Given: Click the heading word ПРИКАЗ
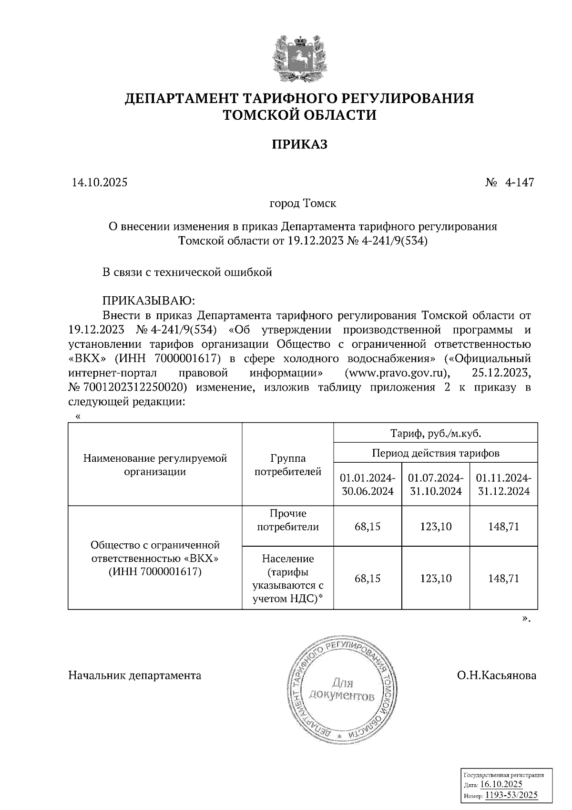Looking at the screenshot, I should click(x=299, y=145).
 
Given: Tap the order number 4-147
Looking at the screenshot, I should click(x=519, y=183).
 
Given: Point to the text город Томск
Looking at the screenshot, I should click(x=303, y=204).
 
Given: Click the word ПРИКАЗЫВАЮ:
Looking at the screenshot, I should click(x=147, y=301).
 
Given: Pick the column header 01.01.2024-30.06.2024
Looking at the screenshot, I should click(x=368, y=485).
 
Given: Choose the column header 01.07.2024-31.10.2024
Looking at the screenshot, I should click(x=436, y=485).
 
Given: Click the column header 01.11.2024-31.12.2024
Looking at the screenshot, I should click(x=504, y=485).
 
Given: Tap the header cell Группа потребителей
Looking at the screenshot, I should click(x=288, y=465).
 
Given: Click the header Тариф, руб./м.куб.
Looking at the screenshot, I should click(x=436, y=434).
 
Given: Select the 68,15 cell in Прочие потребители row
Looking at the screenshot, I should click(x=368, y=527).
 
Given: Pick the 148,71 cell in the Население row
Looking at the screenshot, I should click(x=504, y=579).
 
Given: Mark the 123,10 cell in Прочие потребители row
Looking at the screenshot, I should click(x=436, y=527).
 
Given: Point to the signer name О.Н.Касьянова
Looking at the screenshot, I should click(x=496, y=675).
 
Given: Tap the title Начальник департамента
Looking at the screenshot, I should click(x=135, y=675).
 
